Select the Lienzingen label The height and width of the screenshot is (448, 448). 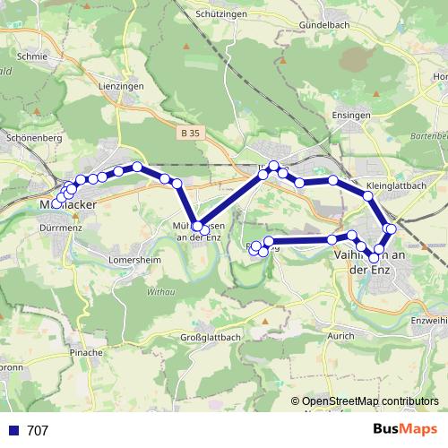pos(122,85)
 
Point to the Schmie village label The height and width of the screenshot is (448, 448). pos(31,55)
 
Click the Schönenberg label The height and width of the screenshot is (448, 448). pos(33,139)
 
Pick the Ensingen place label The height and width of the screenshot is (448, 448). pos(351,116)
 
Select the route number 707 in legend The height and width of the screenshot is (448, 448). pos(39,431)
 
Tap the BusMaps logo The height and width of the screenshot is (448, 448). pos(405,430)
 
